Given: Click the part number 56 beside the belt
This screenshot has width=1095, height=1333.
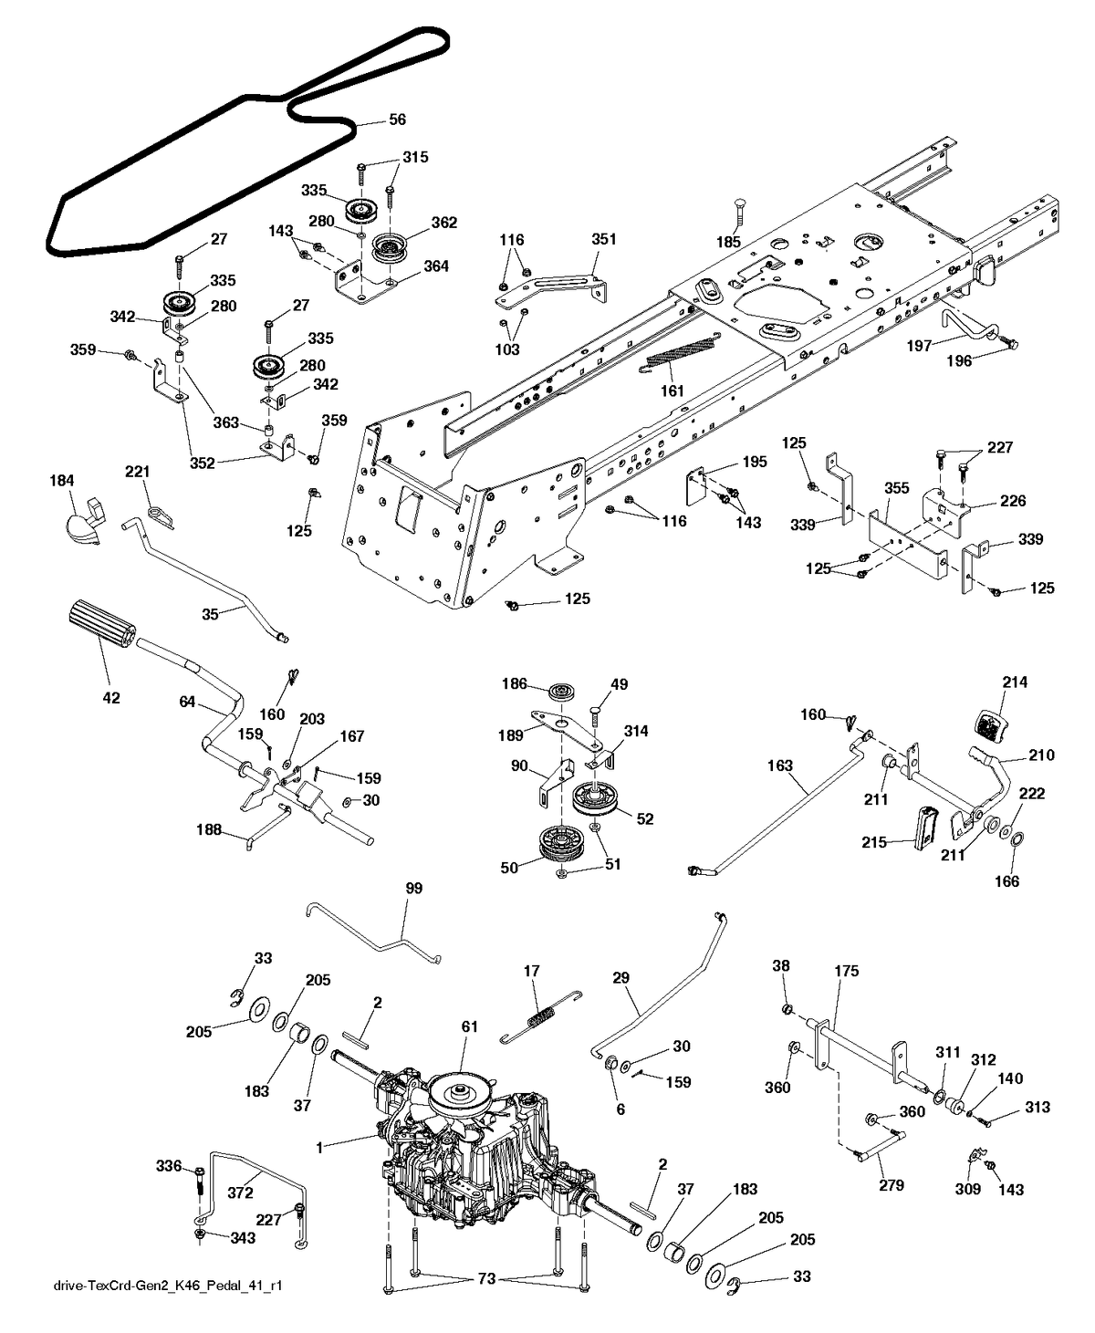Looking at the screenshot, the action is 397,120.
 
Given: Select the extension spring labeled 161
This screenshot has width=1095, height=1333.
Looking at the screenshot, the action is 684,357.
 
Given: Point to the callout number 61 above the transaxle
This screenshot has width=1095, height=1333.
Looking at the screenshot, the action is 469,1027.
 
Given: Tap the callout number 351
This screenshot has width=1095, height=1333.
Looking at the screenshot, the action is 604,239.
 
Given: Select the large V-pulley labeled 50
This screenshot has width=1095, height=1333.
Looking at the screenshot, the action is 559,843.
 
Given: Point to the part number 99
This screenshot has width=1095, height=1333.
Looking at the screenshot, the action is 413,888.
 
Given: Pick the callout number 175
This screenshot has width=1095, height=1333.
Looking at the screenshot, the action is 846,971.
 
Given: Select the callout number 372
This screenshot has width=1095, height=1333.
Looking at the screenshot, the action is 240,1192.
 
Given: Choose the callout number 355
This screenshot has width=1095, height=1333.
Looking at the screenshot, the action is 896,488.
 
